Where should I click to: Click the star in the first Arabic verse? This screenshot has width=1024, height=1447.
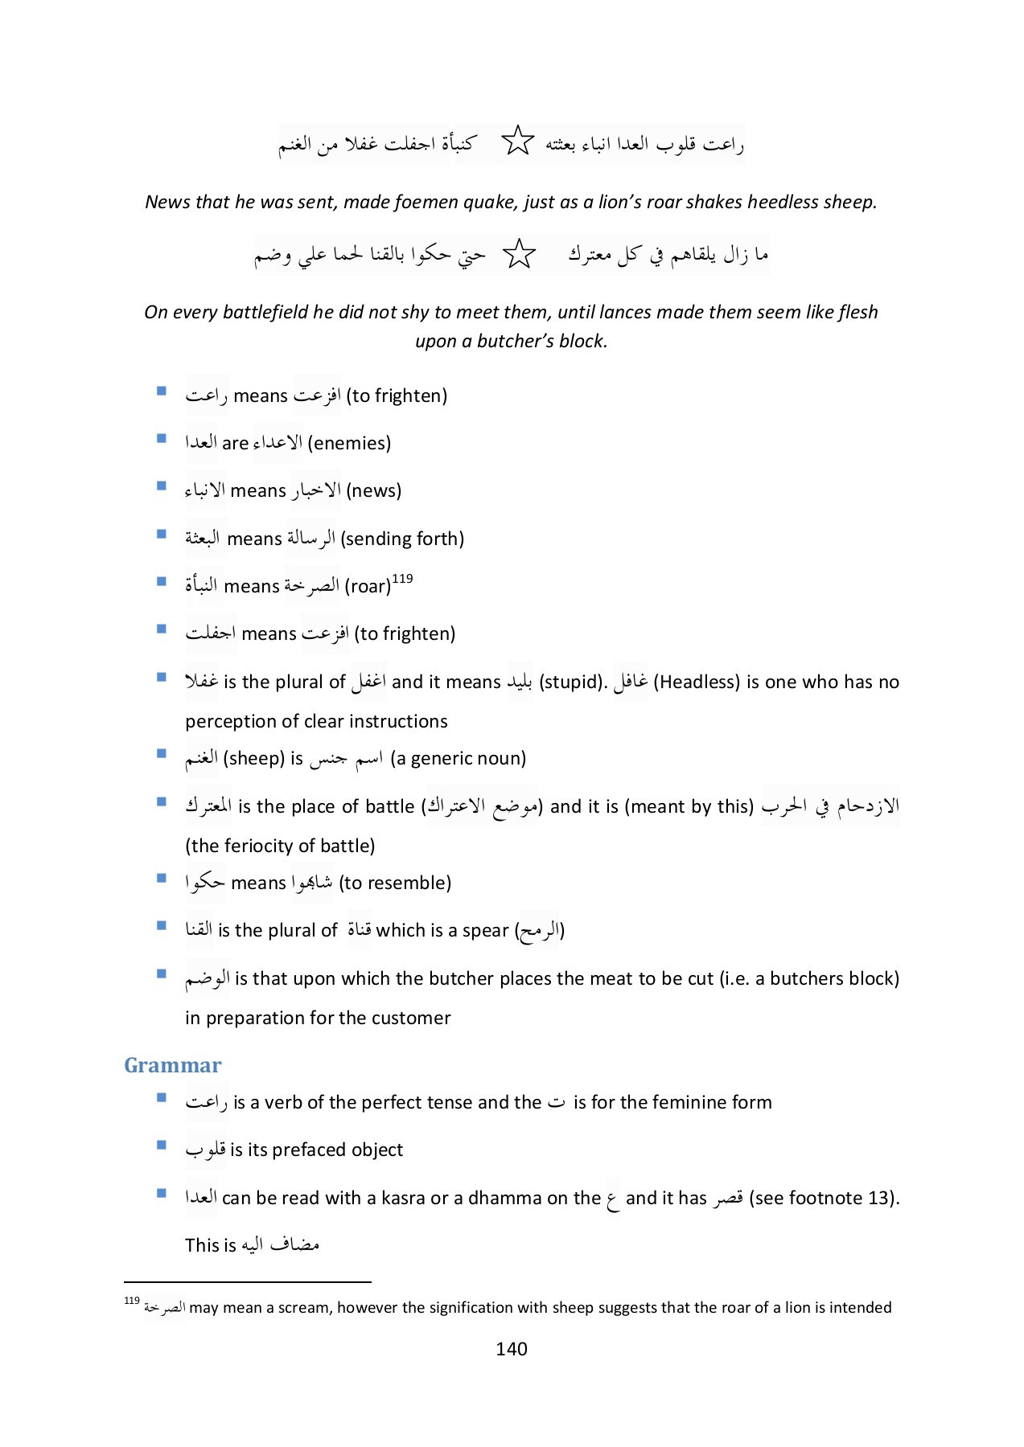tap(517, 141)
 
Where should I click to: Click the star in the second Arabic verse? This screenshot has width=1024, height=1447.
tap(519, 254)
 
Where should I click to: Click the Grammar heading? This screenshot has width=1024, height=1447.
tap(172, 1065)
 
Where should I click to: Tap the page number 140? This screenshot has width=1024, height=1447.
tap(512, 1349)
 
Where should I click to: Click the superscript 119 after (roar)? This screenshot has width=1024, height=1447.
tap(402, 579)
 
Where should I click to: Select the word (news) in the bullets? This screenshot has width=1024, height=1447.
tap(373, 490)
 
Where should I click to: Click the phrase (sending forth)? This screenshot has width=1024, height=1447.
tap(402, 539)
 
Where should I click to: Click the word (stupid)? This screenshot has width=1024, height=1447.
tap(573, 682)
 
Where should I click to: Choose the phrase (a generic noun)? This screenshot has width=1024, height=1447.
tap(458, 758)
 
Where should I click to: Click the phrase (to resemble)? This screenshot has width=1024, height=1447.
tap(395, 883)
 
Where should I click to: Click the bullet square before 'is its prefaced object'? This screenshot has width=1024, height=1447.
tap(162, 1145)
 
